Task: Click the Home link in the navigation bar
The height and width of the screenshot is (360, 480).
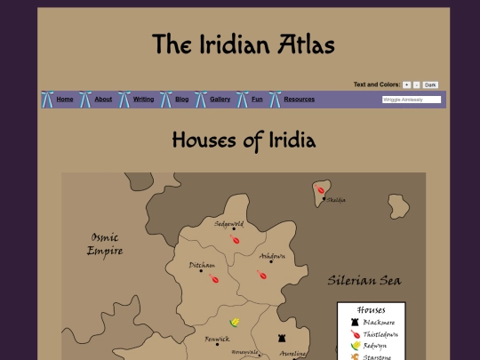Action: coord(65,100)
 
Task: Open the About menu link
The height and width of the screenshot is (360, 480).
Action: coord(103,100)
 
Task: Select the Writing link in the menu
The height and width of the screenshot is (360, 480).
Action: coord(143,100)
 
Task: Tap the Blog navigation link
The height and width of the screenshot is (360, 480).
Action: coord(182,100)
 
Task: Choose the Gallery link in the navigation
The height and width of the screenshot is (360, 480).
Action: coord(220,100)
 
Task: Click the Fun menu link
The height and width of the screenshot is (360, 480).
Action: coord(257,100)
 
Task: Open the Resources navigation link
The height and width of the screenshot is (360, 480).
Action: coord(299,100)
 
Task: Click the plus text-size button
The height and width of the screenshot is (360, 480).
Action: coord(406,84)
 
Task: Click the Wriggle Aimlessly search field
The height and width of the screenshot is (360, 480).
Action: coord(412,100)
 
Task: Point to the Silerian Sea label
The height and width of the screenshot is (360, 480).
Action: coord(364,281)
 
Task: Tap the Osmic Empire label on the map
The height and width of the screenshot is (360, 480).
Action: coord(103,244)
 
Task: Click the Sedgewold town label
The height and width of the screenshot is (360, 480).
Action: coord(229,224)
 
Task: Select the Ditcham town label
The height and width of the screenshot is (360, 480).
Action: coord(202,265)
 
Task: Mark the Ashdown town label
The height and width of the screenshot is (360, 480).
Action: coord(272,256)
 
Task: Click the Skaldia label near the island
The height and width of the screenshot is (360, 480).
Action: coord(335,200)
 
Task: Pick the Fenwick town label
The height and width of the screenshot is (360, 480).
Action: coord(217,339)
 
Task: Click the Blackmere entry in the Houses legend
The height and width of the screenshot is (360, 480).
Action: coord(379,322)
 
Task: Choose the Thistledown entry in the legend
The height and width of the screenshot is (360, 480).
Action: coord(380,334)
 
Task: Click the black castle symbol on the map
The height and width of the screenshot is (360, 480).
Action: coord(282,339)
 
